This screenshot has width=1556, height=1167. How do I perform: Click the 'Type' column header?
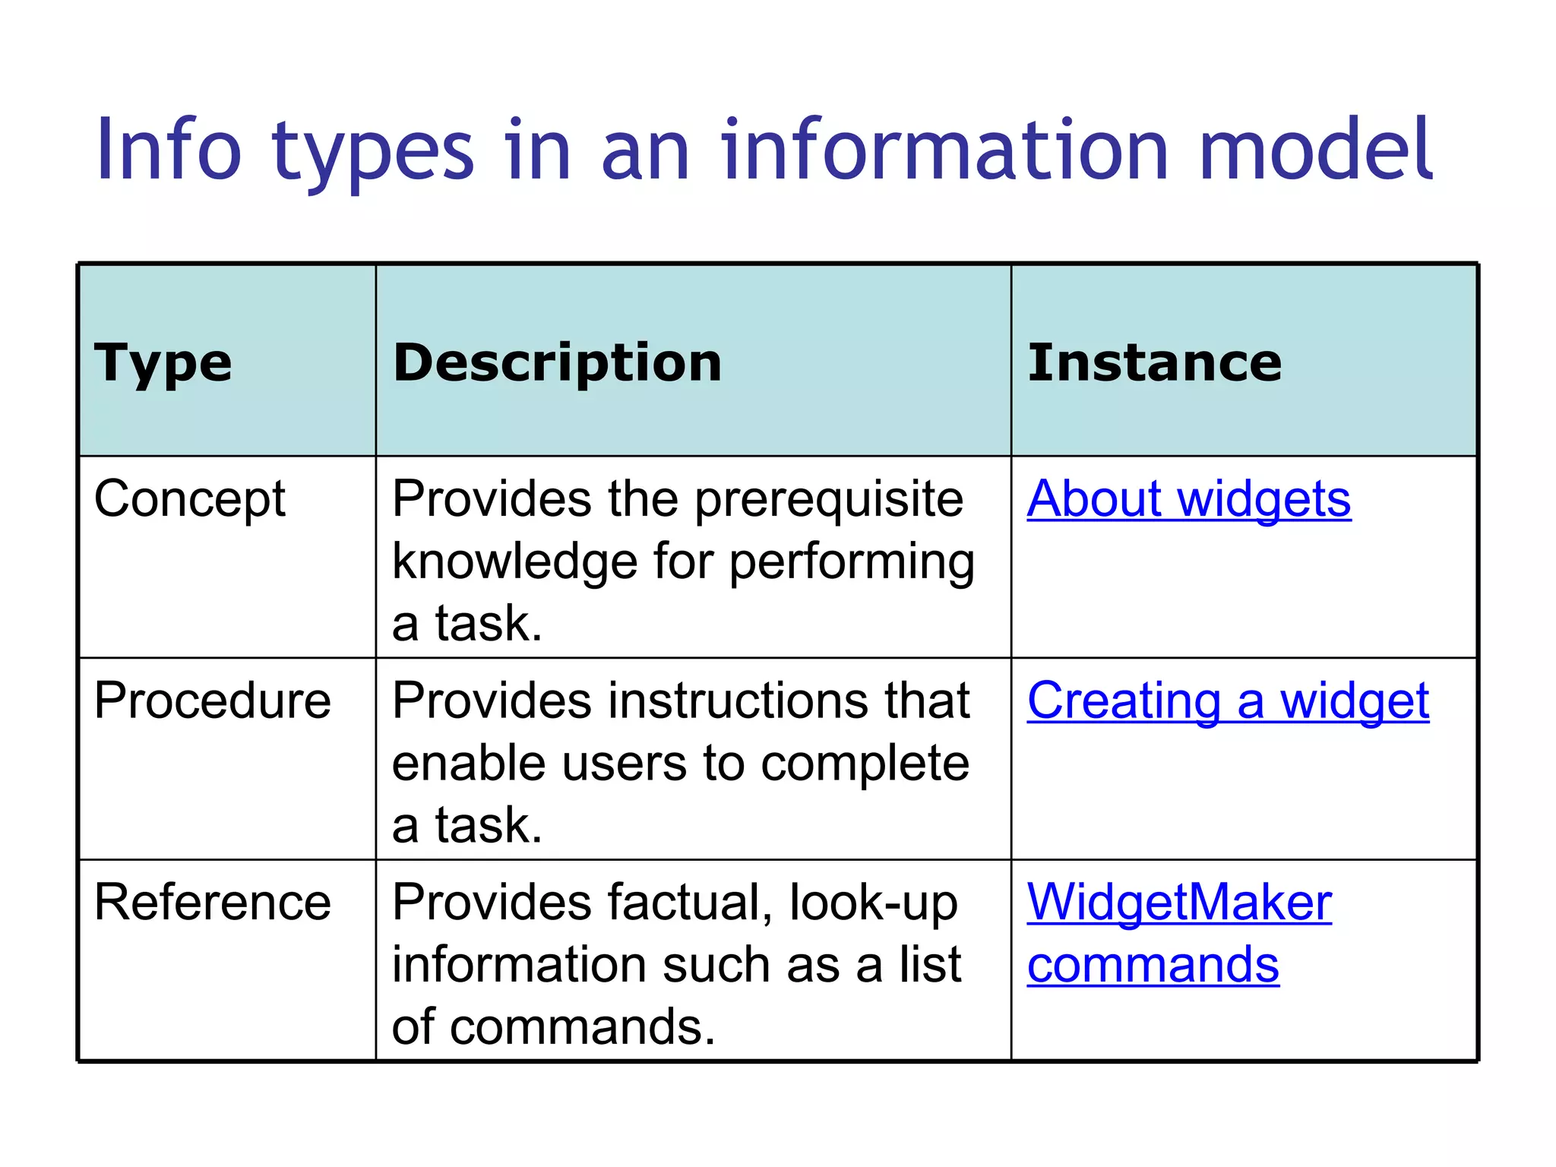[x=163, y=363]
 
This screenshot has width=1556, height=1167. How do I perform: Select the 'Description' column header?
[x=557, y=362]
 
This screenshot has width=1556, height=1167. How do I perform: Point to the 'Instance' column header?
[x=1154, y=362]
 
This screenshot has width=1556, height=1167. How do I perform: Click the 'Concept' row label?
[x=190, y=500]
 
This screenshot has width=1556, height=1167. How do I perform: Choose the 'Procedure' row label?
[x=213, y=701]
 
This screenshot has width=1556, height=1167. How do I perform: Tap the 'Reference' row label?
[x=213, y=903]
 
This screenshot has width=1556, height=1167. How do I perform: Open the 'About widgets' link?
[x=1188, y=500]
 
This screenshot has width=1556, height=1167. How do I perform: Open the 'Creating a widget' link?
[x=1228, y=701]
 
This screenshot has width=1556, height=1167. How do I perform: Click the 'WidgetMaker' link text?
[x=1179, y=903]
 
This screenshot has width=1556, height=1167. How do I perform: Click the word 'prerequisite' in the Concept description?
[x=829, y=500]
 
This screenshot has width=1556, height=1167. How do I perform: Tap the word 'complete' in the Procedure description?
[x=865, y=764]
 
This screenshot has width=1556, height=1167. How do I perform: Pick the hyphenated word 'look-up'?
[x=874, y=903]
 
